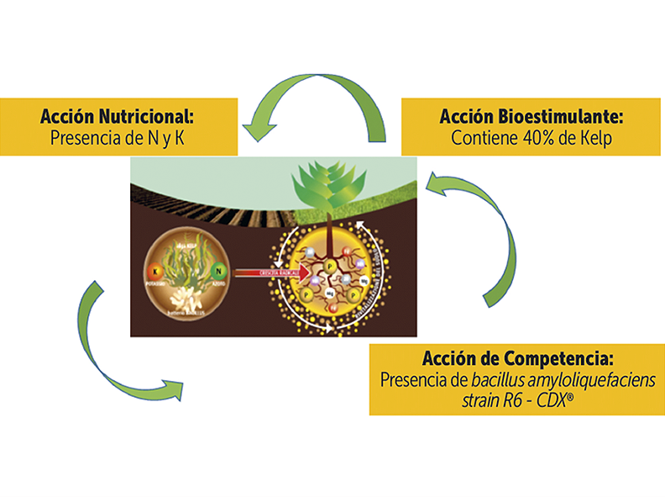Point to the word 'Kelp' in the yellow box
tap(595, 140)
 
